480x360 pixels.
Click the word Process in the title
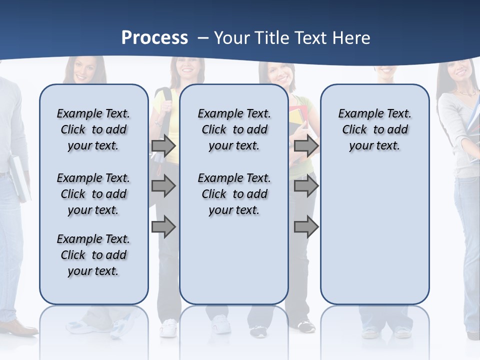coord(154,37)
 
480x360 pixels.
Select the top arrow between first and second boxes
coord(163,146)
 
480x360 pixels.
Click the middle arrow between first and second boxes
coord(163,186)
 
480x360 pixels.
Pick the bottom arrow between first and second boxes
coord(163,226)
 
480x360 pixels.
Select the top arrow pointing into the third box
coord(306,146)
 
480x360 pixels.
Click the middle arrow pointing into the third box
coord(306,186)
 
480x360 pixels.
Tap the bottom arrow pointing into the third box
coord(306,226)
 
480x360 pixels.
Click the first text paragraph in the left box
coord(93,129)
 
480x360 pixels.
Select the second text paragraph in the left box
coord(93,194)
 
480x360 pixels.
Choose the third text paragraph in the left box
coord(93,255)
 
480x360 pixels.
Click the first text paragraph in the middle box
coord(234,129)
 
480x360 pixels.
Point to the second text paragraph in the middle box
coord(234,194)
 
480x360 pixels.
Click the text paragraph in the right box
coord(374,129)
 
